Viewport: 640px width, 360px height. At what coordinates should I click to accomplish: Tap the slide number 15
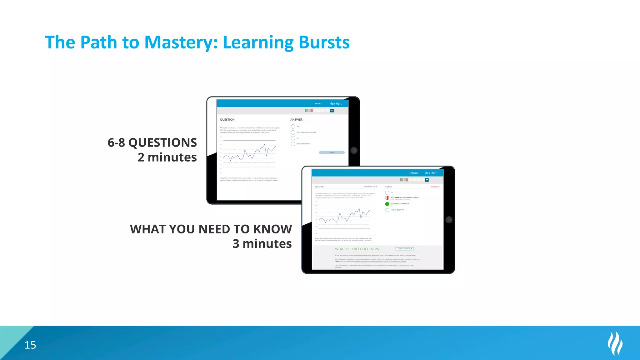30,345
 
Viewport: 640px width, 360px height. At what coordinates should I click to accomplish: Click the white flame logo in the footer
615,343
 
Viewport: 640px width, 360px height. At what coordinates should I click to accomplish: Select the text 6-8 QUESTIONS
152,142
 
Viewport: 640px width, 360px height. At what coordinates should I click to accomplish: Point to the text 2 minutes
167,157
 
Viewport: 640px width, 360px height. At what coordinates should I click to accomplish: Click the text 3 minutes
262,244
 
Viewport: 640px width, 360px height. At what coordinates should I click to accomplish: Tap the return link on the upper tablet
318,103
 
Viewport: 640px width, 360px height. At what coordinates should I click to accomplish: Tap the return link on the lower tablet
413,173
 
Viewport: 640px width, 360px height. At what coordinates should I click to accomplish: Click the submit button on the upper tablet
332,152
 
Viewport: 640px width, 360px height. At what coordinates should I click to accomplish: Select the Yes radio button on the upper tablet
293,127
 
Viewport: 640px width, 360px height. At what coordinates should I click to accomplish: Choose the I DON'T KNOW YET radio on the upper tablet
293,144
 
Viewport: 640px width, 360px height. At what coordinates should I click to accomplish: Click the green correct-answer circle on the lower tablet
387,204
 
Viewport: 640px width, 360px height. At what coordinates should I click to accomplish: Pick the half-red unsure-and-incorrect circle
387,198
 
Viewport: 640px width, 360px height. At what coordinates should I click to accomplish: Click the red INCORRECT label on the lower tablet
435,187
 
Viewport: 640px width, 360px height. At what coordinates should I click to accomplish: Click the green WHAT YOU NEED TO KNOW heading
357,249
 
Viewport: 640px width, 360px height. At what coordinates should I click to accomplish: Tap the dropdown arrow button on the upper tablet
332,111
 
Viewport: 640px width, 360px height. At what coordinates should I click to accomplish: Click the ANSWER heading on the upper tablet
296,120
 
